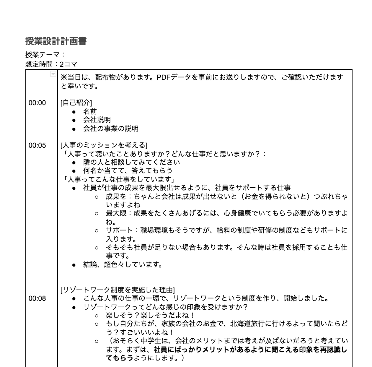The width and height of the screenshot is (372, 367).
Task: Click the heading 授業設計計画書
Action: (56, 41)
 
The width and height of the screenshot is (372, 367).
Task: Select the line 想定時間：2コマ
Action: (51, 64)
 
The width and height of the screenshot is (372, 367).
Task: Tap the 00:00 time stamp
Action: (37, 103)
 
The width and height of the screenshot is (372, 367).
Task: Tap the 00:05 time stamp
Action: (37, 145)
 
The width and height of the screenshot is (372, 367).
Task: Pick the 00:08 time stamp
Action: (37, 298)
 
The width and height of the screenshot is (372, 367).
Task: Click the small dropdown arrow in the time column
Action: (53, 74)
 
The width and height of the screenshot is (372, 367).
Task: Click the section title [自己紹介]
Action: (76, 103)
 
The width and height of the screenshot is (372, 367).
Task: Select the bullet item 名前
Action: (90, 111)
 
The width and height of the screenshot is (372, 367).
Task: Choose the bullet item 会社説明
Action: (97, 120)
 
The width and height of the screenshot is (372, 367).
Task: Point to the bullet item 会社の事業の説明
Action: (110, 128)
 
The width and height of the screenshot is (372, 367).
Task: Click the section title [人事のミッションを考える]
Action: (104, 145)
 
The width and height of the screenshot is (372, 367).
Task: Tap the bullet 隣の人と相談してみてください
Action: (131, 162)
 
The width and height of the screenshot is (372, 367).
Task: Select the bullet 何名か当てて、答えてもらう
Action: (128, 170)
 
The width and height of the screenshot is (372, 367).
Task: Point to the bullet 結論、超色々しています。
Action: (123, 264)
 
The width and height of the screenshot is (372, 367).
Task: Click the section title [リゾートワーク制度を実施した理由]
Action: (118, 290)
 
